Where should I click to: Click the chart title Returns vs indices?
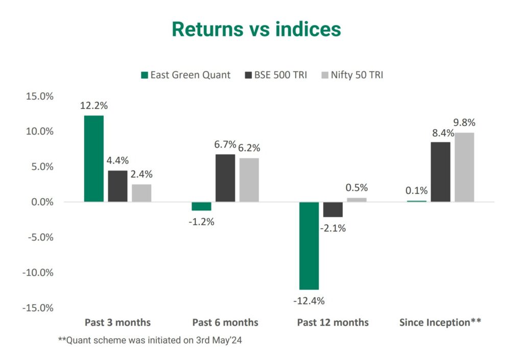point(256,29)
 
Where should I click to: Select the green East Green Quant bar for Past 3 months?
point(93,158)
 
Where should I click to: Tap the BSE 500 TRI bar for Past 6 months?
point(225,178)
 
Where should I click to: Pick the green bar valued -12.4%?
point(308,246)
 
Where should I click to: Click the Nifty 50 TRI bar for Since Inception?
point(464,167)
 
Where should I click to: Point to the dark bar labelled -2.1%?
point(333,209)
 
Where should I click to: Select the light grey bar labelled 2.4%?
point(141,193)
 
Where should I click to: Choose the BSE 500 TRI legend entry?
point(276,75)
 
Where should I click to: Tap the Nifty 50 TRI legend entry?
point(352,75)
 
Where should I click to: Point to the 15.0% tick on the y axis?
point(40,96)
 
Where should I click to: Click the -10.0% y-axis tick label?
point(38,272)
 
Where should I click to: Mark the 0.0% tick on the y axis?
point(41,202)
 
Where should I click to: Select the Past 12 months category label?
point(332,322)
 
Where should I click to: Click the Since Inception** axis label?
point(440,322)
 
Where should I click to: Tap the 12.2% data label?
point(93,106)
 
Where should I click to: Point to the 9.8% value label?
point(464,123)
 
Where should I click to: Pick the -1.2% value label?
point(201,222)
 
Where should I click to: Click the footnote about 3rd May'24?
point(149,341)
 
